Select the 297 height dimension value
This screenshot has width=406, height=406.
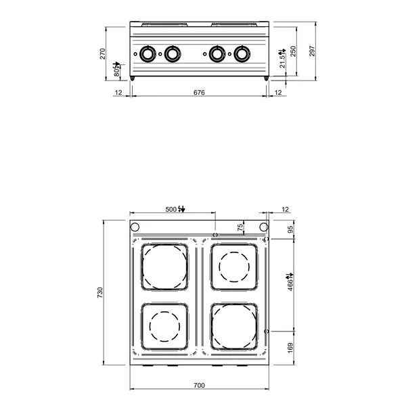pos(312,53)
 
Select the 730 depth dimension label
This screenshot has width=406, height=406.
pos(99,292)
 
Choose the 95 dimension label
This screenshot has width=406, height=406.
pos(292,229)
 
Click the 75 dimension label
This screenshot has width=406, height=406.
pos(240,228)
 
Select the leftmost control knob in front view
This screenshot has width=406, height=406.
pos(148,53)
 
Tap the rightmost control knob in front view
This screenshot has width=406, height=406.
pos(241,53)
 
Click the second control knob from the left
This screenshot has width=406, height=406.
pos(173,53)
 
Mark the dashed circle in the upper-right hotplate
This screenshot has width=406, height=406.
pos(233,266)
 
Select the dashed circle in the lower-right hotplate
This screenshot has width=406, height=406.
pos(233,327)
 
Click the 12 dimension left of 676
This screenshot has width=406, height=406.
pos(118,92)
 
